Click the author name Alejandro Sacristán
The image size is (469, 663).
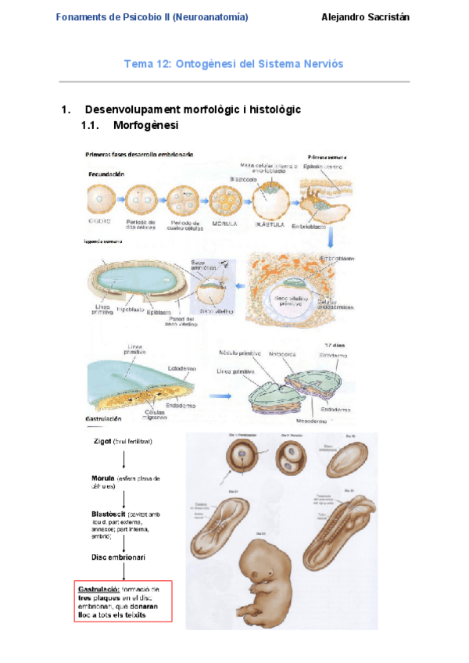365,17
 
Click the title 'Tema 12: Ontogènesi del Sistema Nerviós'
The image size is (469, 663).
234,63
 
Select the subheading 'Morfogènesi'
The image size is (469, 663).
145,125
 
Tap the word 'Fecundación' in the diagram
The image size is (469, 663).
106,175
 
